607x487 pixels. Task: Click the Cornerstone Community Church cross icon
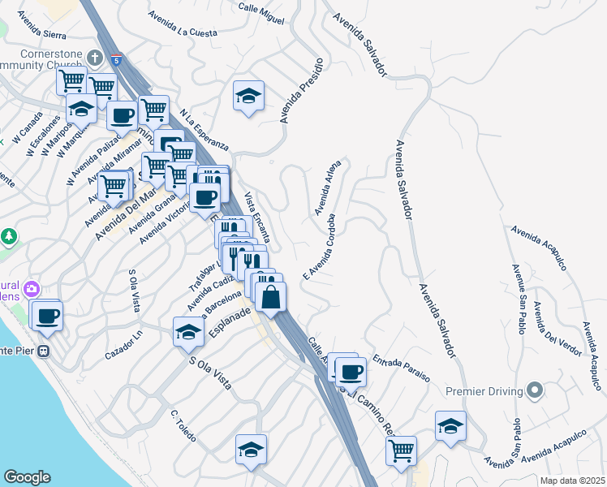[95, 58]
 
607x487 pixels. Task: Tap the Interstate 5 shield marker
[118, 59]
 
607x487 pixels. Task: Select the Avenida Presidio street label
[303, 90]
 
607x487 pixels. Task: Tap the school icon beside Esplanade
[188, 331]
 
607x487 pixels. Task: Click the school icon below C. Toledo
[251, 449]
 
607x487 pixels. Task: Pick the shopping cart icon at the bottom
[401, 450]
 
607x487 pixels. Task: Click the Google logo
[27, 476]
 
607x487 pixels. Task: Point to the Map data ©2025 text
[573, 481]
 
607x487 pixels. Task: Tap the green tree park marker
[9, 237]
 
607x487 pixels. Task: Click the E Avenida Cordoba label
[319, 246]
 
